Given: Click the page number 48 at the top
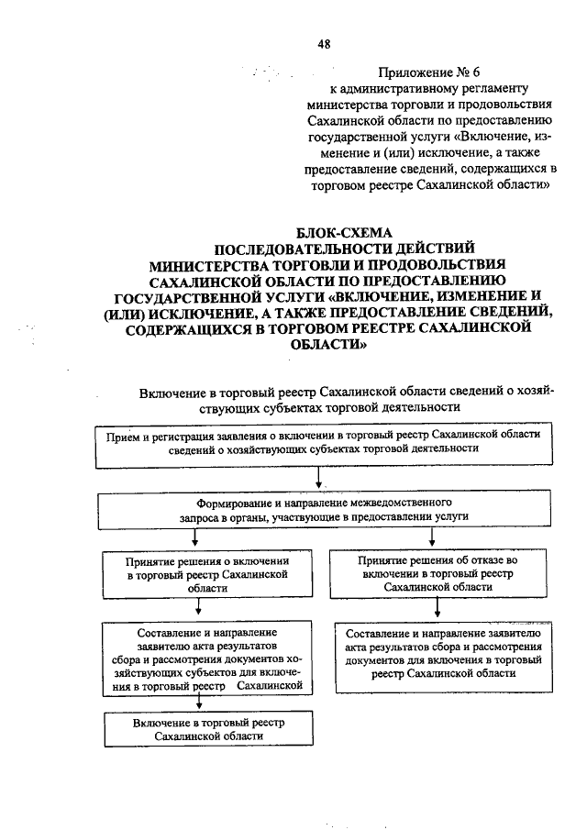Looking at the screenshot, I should click(323, 43).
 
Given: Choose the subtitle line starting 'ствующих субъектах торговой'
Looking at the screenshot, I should click(328, 406).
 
